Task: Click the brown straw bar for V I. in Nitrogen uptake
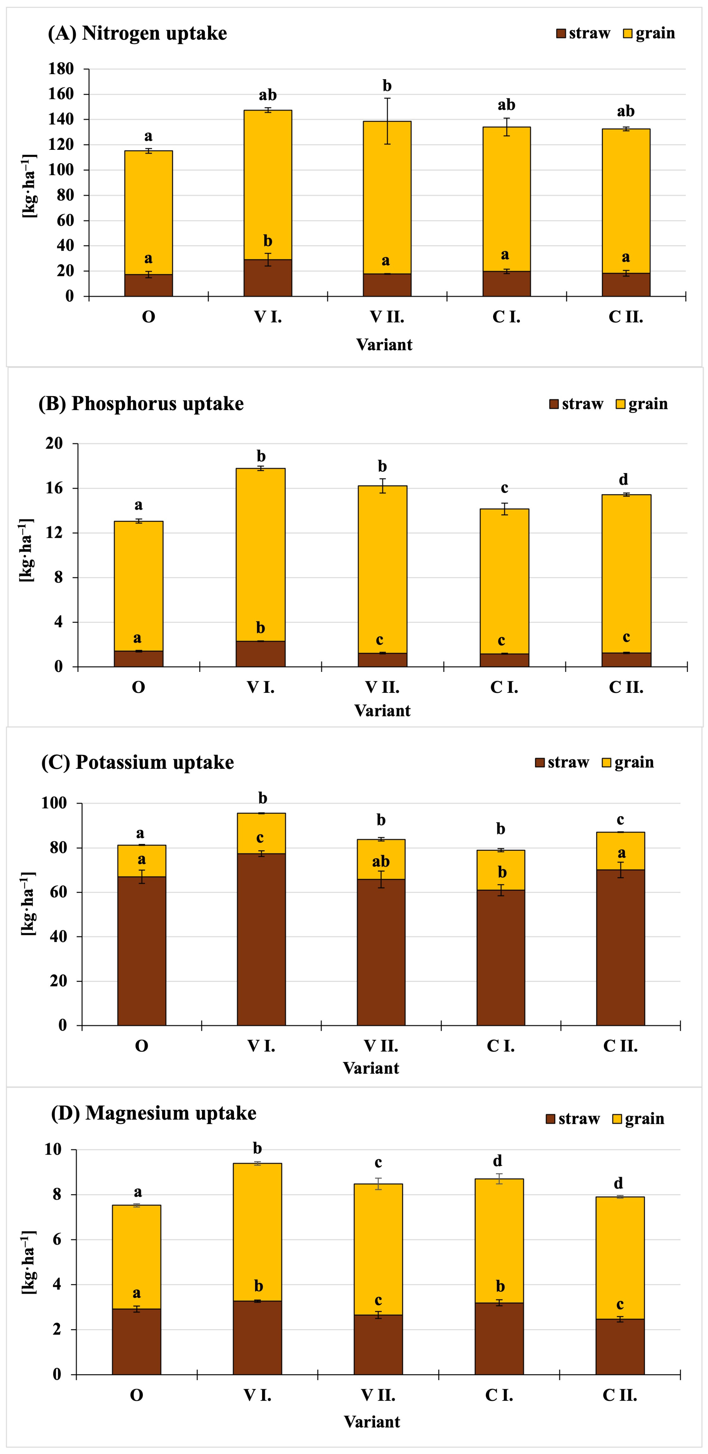(268, 278)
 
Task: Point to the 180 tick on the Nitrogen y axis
(61, 69)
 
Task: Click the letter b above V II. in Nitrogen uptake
(387, 86)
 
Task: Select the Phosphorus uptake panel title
(141, 404)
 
